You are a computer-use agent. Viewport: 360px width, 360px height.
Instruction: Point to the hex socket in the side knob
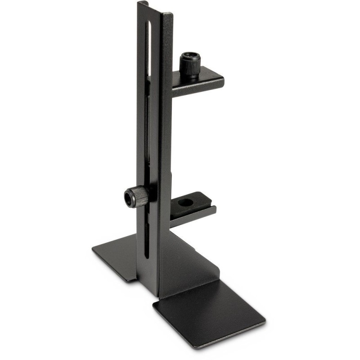tap(129, 198)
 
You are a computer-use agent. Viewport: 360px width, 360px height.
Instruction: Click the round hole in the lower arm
tap(184, 203)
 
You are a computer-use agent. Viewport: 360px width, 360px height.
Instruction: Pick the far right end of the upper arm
tap(222, 82)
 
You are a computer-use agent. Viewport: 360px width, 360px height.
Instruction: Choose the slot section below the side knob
tap(147, 234)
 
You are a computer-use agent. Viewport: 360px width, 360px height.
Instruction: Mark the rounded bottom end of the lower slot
tap(147, 256)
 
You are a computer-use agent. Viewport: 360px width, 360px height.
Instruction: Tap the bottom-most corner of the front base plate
tap(196, 348)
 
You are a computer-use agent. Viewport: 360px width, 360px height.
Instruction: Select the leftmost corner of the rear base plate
tap(93, 248)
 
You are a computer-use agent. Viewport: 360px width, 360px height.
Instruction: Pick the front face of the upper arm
tap(198, 88)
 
